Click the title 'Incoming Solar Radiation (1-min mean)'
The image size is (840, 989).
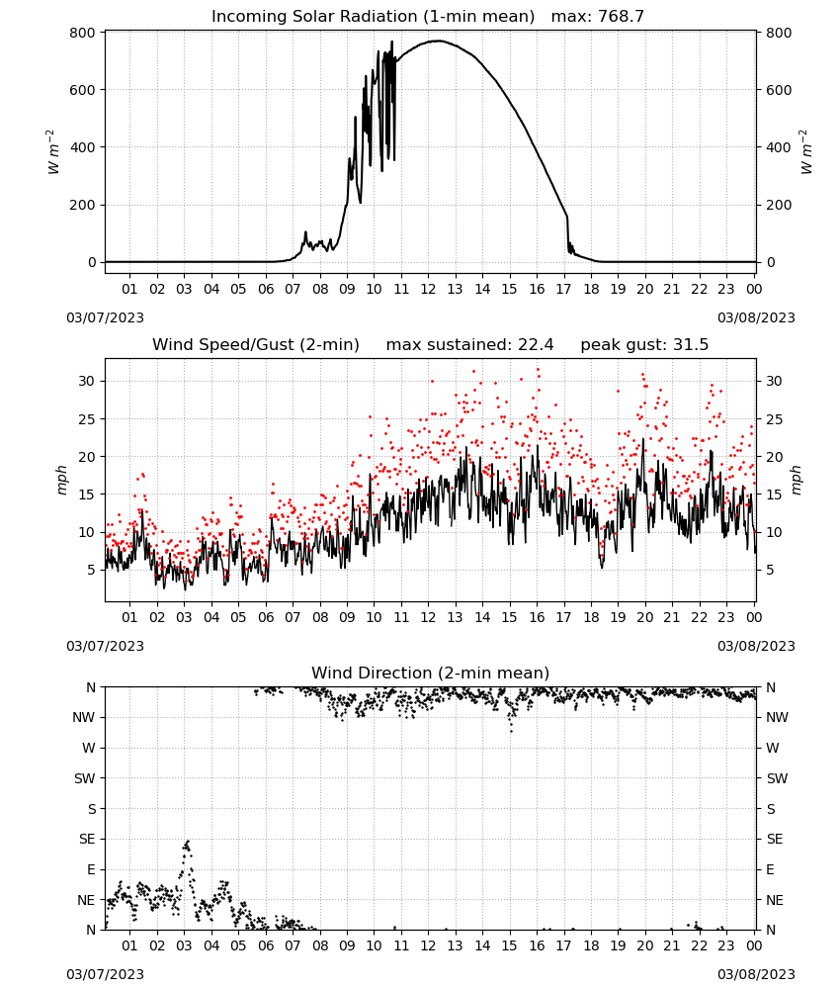373,17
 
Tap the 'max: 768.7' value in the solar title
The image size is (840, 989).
598,17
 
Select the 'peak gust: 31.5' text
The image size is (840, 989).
644,345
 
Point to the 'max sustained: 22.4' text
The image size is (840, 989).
469,345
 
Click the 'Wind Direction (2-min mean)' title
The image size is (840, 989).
431,673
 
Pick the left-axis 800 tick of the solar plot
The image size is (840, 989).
83,33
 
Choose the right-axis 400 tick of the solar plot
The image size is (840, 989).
779,147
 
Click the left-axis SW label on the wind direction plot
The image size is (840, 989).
84,778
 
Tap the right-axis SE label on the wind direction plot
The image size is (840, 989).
775,839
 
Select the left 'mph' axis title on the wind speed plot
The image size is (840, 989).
61,480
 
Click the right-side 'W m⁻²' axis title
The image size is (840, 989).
806,152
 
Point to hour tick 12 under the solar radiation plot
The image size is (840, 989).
428,289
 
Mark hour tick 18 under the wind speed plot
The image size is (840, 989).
591,617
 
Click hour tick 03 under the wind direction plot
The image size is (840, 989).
184,945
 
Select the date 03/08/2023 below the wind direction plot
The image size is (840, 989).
756,974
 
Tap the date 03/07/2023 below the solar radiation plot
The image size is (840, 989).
105,317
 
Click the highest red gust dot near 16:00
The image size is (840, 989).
538,370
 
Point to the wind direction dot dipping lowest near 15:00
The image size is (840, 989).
511,731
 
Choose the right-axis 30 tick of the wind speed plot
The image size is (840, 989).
774,381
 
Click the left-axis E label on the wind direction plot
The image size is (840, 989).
91,869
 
